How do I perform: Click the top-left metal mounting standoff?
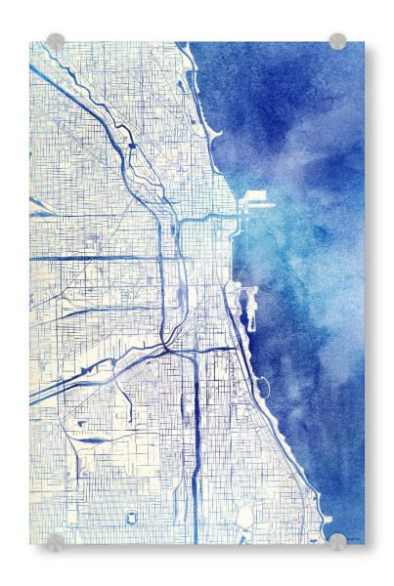tap(56, 42)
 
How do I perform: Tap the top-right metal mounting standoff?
tap(337, 41)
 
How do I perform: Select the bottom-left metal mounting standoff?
tap(56, 542)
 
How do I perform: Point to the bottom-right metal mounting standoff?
tap(337, 541)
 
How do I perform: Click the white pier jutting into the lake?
tap(256, 198)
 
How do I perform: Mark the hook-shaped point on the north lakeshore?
tap(217, 135)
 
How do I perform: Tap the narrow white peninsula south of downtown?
tap(244, 297)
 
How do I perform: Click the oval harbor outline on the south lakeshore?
tap(261, 389)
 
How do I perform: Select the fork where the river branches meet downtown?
tap(179, 224)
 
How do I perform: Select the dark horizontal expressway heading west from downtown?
tap(98, 258)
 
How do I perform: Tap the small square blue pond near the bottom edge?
tap(131, 517)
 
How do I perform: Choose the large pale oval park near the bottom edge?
tap(243, 515)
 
